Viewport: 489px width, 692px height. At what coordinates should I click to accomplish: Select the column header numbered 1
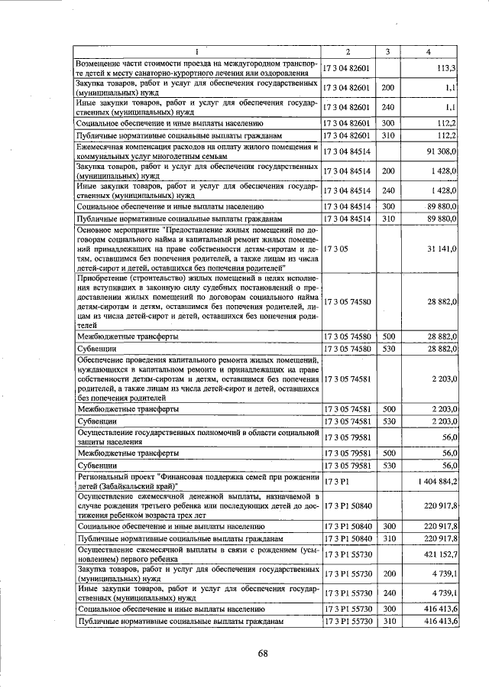pos(196,52)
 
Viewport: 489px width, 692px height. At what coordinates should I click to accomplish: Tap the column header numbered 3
pos(387,52)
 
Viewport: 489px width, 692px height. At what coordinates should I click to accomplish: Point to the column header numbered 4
pos(428,52)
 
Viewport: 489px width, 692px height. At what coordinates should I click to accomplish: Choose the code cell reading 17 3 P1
pos(335,481)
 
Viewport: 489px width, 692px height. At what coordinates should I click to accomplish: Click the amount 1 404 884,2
pos(432,481)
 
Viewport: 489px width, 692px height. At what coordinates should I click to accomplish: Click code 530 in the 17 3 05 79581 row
pos(387,465)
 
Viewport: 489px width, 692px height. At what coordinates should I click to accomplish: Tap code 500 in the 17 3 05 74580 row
pos(387,336)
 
